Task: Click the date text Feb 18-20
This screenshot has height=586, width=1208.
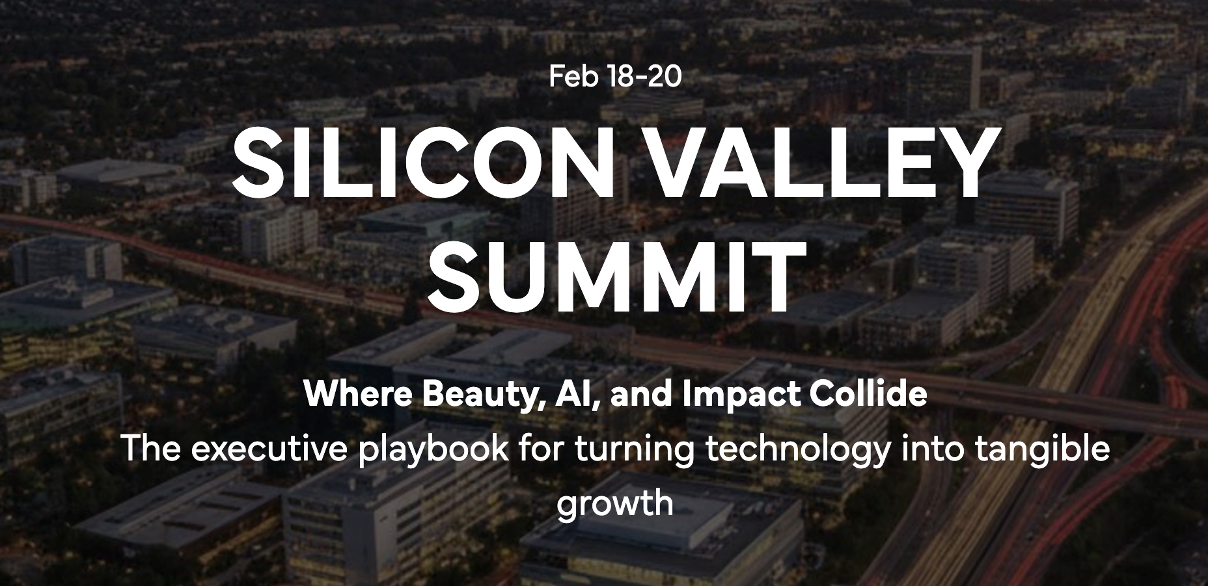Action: click(615, 77)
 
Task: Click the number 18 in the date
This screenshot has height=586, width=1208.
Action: click(619, 77)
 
